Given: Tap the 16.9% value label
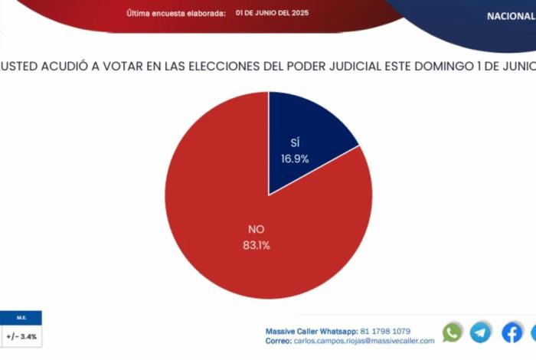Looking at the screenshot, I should pos(294,159).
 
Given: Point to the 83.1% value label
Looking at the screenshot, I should pos(256,245).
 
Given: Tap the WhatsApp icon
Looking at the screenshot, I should pos(453,332).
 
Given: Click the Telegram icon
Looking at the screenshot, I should pos(481,332).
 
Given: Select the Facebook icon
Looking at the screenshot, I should pos(511,332).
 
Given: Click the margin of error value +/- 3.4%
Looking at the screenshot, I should pos(21,335).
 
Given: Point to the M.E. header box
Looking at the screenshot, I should pos(21,317).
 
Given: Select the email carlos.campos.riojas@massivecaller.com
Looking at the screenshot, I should pos(364,341).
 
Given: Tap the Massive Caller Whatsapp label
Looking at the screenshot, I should pos(306,331).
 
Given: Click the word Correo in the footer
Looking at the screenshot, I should pos(278,341).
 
